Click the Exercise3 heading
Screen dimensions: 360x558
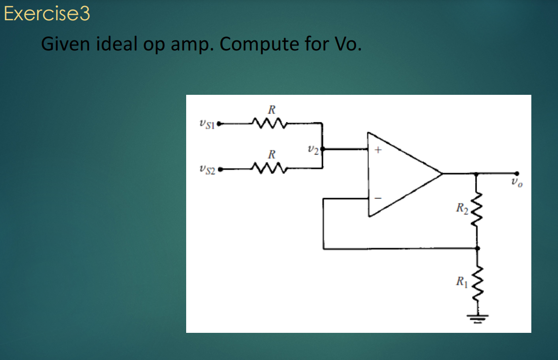pos(47,14)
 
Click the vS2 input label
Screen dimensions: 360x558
pos(206,170)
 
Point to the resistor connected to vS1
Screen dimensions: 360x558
pos(269,122)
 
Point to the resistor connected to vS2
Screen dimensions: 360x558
pos(269,169)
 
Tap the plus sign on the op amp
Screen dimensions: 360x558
pos(378,150)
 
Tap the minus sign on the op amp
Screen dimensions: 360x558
pos(378,198)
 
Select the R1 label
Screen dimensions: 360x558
pos(462,283)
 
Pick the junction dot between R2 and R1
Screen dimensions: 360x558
pos(477,249)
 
